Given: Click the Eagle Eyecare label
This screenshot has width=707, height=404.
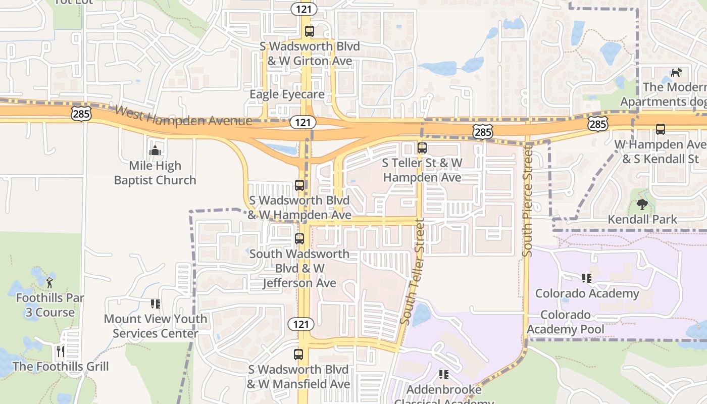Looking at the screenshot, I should click(x=287, y=94).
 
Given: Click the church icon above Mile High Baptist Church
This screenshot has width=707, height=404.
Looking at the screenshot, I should click(x=155, y=150).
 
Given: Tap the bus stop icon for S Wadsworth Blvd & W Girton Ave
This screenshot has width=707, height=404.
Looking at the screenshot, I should click(x=310, y=31).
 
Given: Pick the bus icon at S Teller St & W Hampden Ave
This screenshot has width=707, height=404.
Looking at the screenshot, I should click(x=422, y=148).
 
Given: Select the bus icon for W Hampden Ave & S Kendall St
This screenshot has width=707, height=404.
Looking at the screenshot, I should click(x=661, y=129).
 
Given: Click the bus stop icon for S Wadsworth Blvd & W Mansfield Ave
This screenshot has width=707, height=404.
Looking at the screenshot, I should click(x=298, y=355).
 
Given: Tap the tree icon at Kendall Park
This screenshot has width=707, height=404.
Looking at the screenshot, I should click(x=642, y=205).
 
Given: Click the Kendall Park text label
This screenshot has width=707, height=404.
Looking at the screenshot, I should click(x=642, y=220).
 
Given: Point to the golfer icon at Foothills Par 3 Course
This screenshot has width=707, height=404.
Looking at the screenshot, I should click(x=49, y=282).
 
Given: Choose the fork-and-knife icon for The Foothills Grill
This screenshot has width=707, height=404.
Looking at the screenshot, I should click(x=60, y=351).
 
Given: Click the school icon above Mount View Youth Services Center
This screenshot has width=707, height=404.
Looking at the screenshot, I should click(x=156, y=304).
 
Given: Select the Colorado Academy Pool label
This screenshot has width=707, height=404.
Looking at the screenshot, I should click(x=566, y=322).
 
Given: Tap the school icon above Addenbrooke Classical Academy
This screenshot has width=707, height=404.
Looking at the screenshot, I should click(x=444, y=374).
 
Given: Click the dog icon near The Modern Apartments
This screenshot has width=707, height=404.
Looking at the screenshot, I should click(x=676, y=72).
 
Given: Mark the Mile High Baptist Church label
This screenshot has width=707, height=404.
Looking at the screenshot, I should click(x=155, y=173).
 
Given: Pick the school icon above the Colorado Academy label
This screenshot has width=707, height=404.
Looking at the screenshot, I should click(x=587, y=278).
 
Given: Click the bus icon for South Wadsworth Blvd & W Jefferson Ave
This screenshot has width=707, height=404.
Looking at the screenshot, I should click(x=299, y=238).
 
